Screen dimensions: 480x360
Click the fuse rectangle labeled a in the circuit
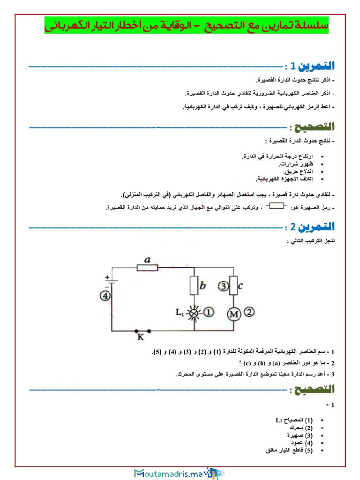point(147,268)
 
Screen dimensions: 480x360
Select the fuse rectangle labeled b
point(194,285)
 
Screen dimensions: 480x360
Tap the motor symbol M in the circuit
point(233,314)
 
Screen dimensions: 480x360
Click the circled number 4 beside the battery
point(105,296)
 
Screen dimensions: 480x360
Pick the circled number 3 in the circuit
point(224,285)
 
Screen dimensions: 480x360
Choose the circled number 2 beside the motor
point(250,311)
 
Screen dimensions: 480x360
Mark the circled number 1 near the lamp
point(209,311)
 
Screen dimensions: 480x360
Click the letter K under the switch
point(140,337)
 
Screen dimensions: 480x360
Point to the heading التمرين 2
point(313,228)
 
